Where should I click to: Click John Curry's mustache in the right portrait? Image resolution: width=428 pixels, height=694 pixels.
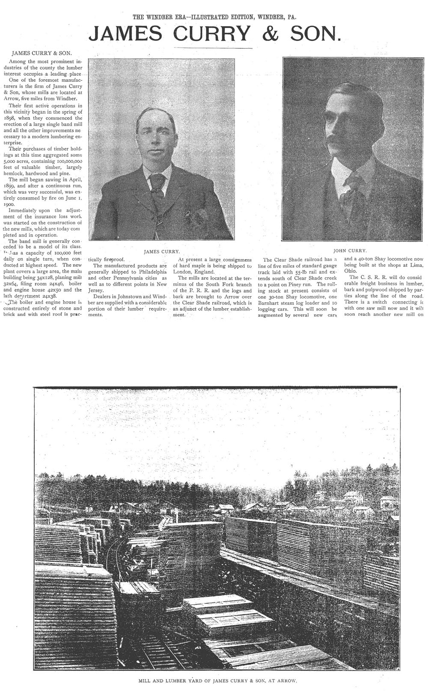(x=339, y=143)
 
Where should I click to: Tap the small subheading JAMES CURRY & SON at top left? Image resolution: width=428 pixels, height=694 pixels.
(x=42, y=54)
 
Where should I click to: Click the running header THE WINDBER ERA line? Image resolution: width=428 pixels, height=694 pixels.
(x=214, y=18)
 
